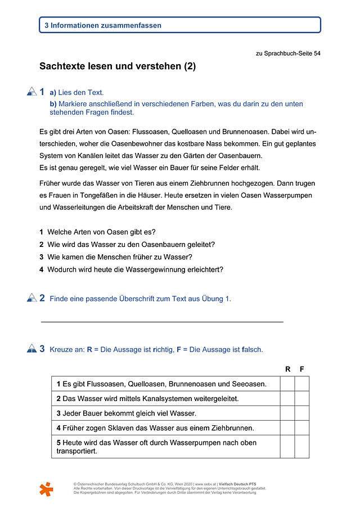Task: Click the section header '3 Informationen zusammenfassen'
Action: coord(106,25)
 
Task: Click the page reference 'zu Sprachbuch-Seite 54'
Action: coord(288,54)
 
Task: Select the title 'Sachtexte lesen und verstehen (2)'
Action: coord(118,66)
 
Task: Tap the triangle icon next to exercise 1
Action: coord(31,92)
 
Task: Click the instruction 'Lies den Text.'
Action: coord(81,93)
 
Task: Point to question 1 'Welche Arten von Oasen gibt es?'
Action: coord(101,232)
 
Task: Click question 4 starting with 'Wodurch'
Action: coord(135,269)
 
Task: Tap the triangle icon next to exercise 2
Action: coord(31,298)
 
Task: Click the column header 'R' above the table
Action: coord(287,370)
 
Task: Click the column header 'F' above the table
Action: coord(302,370)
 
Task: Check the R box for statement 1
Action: coord(287,384)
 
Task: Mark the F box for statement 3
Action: coord(302,413)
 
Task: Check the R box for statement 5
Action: coord(287,447)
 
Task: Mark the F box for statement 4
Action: coord(302,428)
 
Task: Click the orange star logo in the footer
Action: coord(47,489)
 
